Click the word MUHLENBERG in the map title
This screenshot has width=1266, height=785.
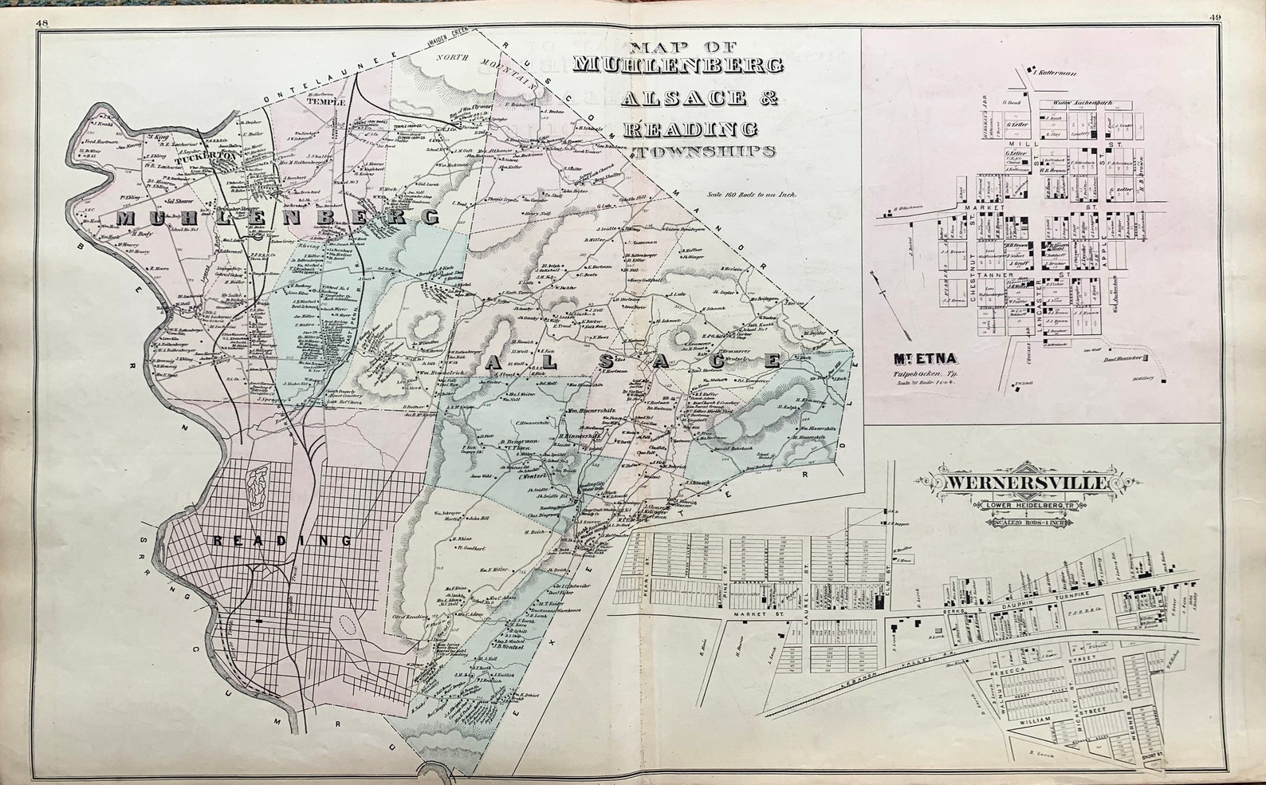pyautogui.click(x=678, y=64)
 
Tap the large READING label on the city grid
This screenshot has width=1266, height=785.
pyautogui.click(x=282, y=541)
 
